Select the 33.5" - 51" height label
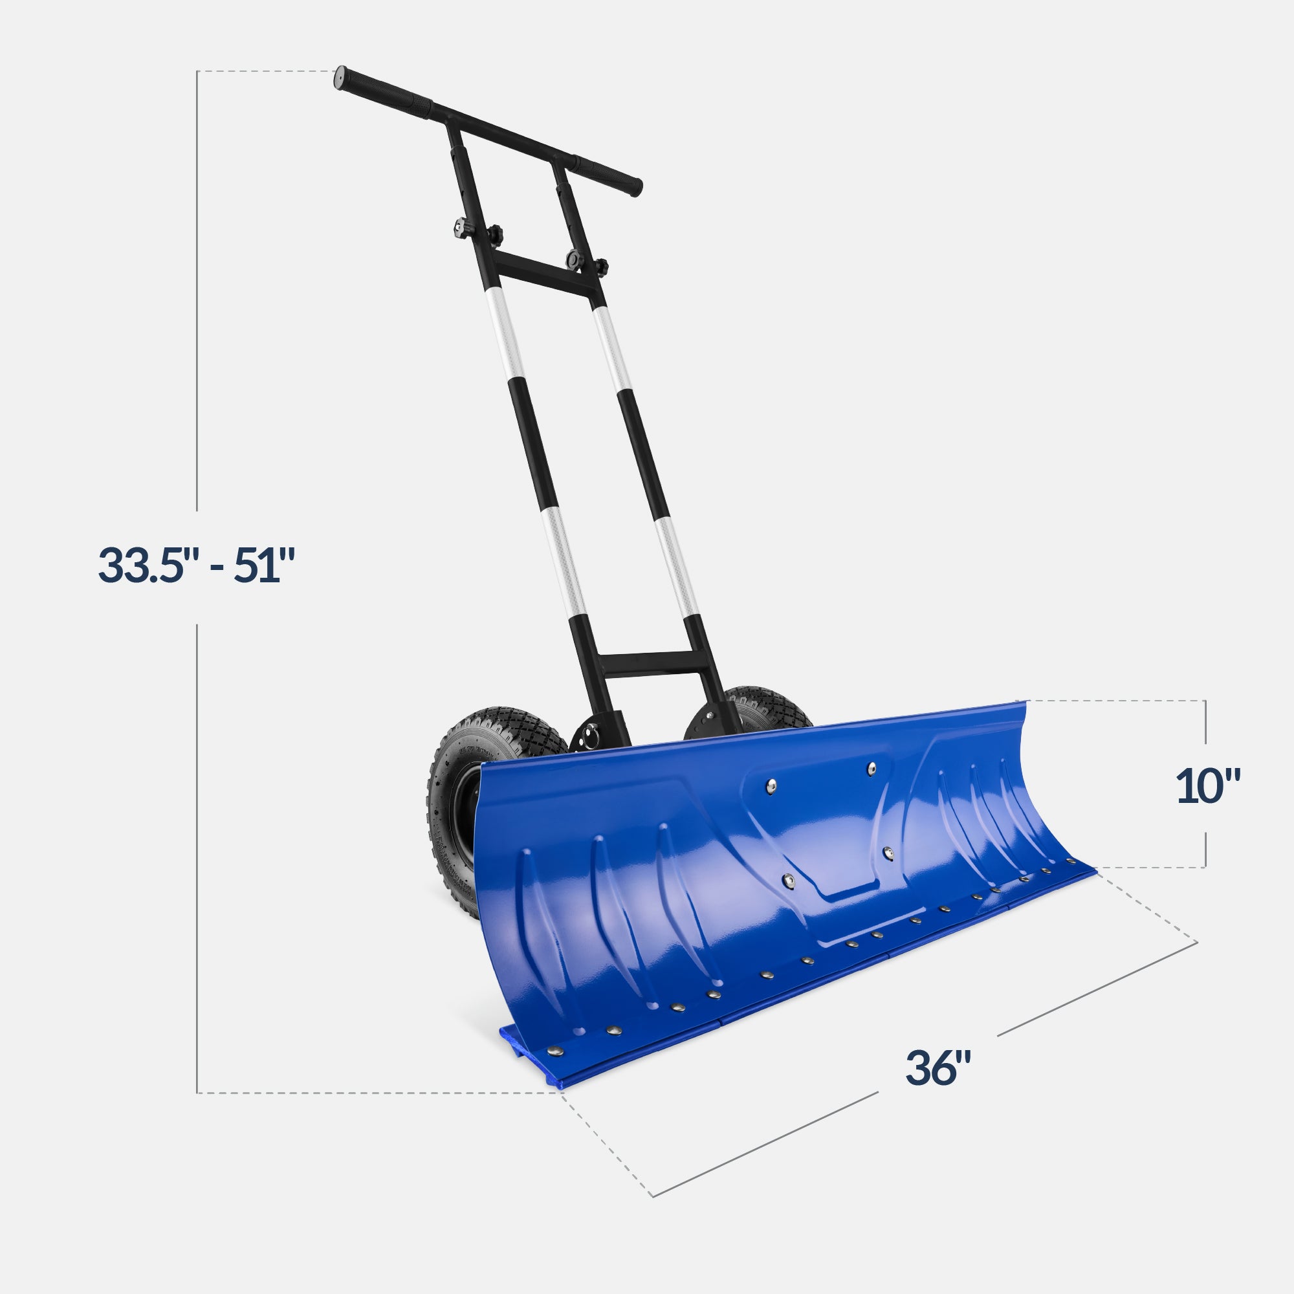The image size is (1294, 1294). click(x=196, y=565)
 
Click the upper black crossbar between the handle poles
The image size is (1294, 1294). click(x=546, y=274)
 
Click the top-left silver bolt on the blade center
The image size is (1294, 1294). click(x=772, y=785)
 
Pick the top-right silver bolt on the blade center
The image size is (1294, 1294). click(x=872, y=767)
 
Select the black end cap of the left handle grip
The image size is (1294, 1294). click(x=339, y=78)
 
